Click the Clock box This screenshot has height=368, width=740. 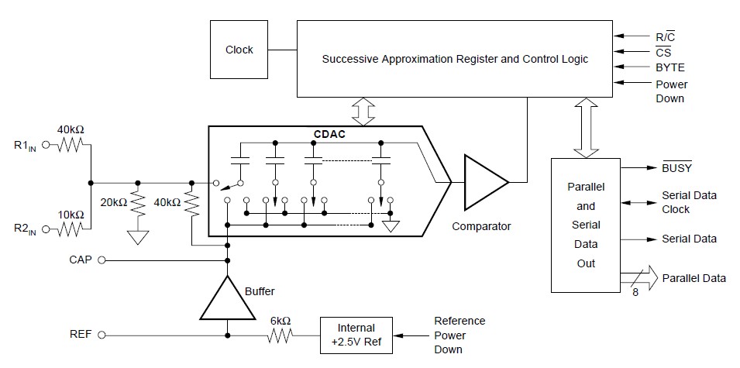click(239, 50)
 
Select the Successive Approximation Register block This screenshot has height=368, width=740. click(455, 59)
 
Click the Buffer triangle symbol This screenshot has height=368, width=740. click(228, 299)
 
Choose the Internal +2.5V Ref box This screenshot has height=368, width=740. click(356, 335)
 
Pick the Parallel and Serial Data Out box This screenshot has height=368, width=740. click(586, 225)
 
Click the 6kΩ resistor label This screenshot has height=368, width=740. click(281, 320)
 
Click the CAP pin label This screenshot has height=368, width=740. click(81, 260)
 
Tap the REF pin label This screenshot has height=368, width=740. click(81, 335)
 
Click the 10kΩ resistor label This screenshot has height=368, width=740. click(71, 214)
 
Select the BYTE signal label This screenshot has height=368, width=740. click(670, 67)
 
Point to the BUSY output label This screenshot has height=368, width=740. click(676, 167)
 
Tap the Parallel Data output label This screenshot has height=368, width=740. click(694, 277)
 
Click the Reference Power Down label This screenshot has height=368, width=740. click(459, 335)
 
